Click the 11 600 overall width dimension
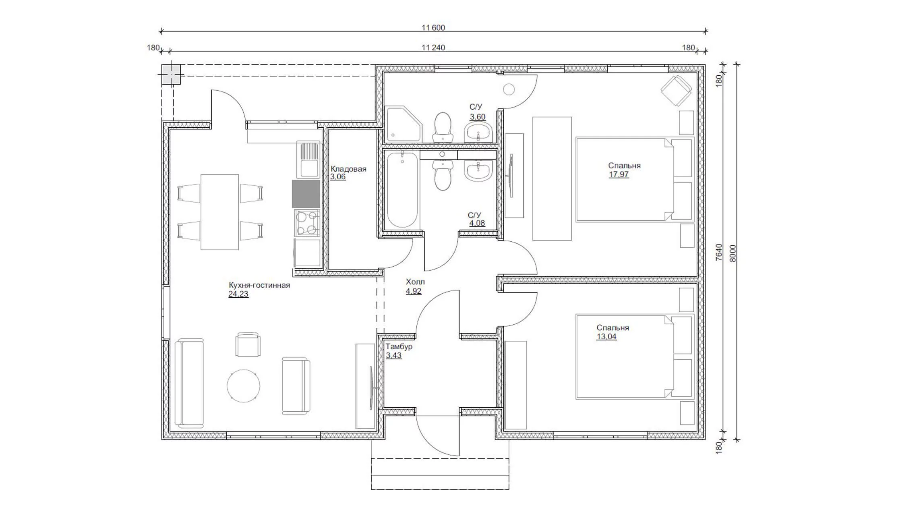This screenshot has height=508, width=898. pyautogui.click(x=433, y=28)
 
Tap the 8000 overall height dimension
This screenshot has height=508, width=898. pyautogui.click(x=732, y=253)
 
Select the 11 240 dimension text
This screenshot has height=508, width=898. pyautogui.click(x=433, y=48)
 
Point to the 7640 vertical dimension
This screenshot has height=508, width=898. pyautogui.click(x=719, y=253)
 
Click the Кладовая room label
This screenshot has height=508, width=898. pyautogui.click(x=348, y=169)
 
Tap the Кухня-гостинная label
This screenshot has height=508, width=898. pyautogui.click(x=259, y=285)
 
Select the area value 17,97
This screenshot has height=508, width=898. pyautogui.click(x=619, y=174)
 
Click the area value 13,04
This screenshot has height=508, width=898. pyautogui.click(x=606, y=337)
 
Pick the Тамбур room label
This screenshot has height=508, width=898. pyautogui.click(x=399, y=346)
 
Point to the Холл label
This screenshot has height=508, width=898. pyautogui.click(x=415, y=282)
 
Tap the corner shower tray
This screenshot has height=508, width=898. pyautogui.click(x=403, y=124)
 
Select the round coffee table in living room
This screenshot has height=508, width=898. pyautogui.click(x=243, y=386)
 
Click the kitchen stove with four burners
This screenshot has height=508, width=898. pyautogui.click(x=307, y=223)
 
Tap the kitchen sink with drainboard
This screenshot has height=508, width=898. pyautogui.click(x=308, y=160)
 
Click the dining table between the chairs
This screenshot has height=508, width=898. pyautogui.click(x=220, y=212)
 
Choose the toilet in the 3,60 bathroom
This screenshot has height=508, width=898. pyautogui.click(x=443, y=127)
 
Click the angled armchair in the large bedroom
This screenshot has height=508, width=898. pyautogui.click(x=677, y=91)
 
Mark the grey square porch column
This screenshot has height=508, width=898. pyautogui.click(x=171, y=75)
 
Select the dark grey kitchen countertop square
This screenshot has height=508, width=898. pyautogui.click(x=306, y=194)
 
